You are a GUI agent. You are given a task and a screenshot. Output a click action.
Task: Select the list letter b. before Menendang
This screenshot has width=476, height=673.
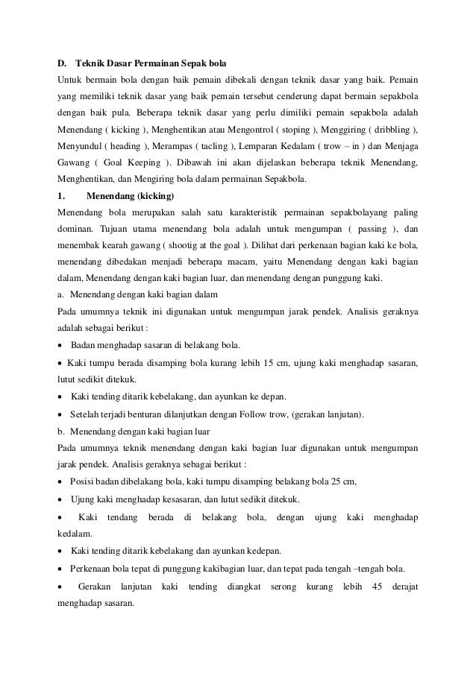[62, 431]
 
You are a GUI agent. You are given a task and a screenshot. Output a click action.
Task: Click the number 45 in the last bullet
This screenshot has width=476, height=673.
[377, 587]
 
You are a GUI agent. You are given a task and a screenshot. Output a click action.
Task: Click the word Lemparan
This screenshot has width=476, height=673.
[278, 148]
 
